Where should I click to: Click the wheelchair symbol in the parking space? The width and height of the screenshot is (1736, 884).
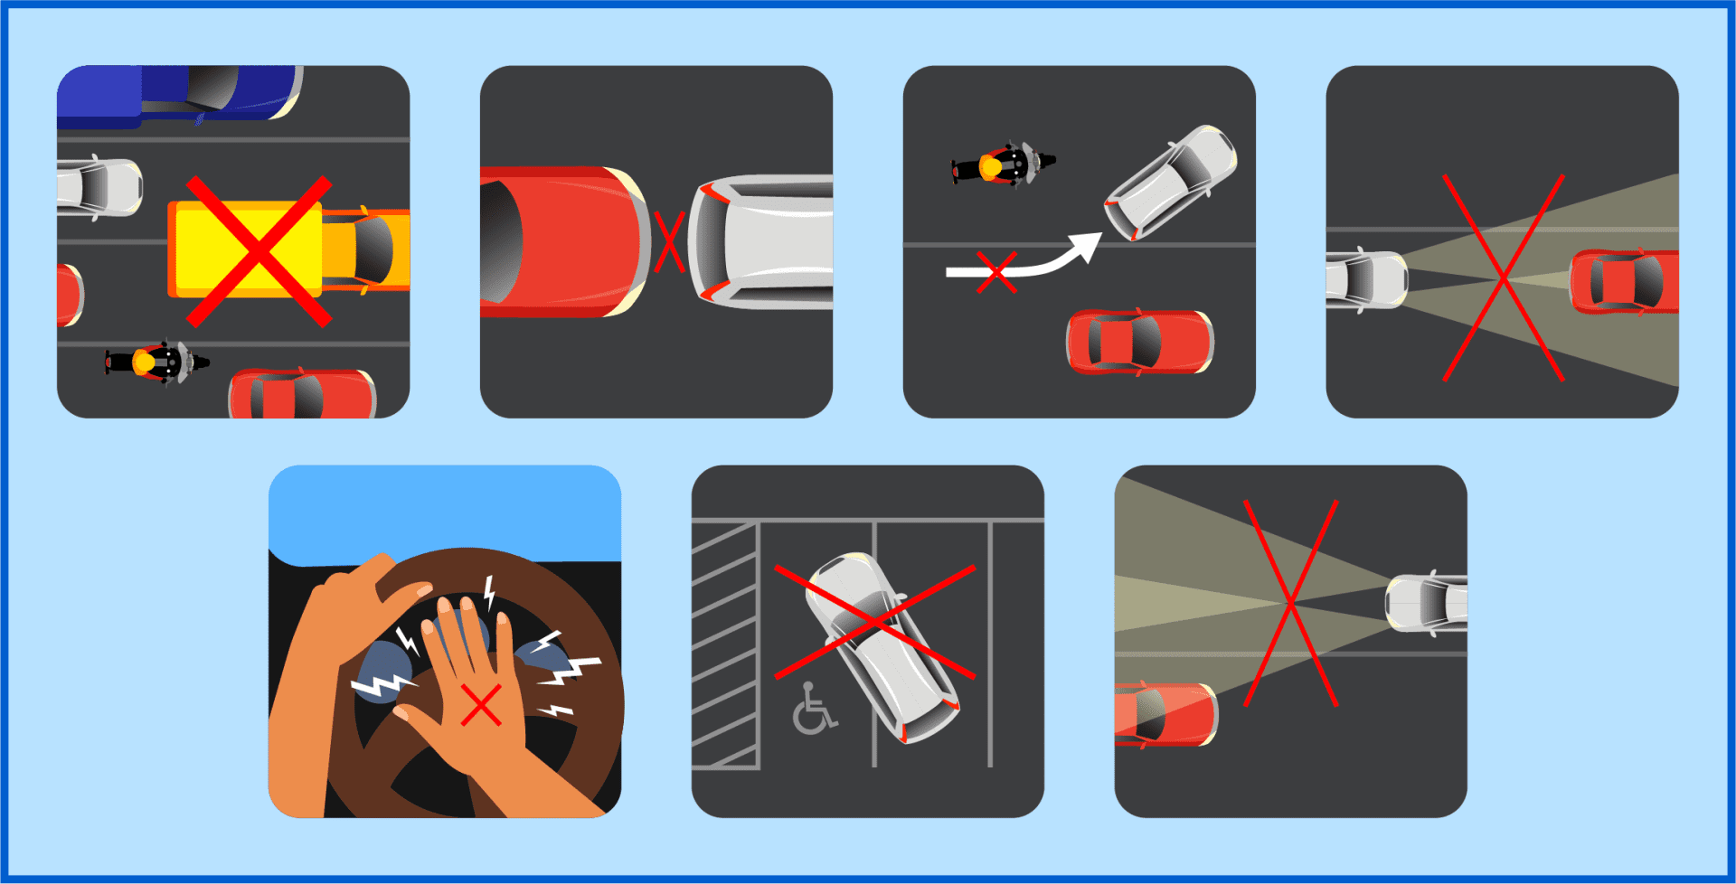click(x=814, y=710)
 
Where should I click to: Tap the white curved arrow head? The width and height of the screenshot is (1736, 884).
click(x=1085, y=246)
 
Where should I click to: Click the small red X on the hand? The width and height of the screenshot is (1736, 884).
click(x=481, y=706)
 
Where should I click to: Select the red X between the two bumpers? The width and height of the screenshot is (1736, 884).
click(x=669, y=242)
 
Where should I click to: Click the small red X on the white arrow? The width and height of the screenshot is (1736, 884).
click(x=996, y=272)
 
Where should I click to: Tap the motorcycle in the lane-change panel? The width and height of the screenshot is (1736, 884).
click(x=1002, y=165)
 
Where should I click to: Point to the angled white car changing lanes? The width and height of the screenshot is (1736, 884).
click(x=1171, y=182)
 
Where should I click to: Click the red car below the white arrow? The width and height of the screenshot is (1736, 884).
click(x=1139, y=342)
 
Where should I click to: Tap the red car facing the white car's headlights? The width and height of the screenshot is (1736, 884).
click(x=1624, y=281)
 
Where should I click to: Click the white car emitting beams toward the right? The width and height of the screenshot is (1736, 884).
click(x=1365, y=279)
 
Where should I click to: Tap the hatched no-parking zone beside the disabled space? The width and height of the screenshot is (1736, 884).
click(x=724, y=646)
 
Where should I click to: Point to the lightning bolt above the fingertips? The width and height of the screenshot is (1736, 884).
click(x=489, y=593)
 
